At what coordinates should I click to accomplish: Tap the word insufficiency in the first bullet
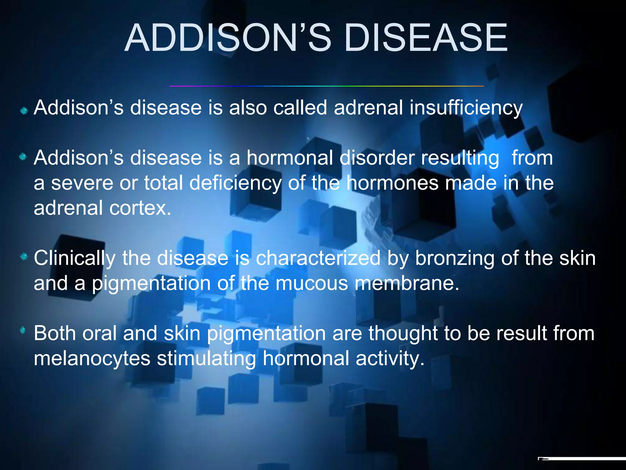[x=466, y=108]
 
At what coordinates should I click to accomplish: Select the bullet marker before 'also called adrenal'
[x=24, y=111]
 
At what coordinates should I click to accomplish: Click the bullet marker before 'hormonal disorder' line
[x=23, y=157]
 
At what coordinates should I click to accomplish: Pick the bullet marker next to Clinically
[x=24, y=257]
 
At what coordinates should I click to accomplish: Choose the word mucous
[x=311, y=283]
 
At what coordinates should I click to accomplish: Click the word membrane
[x=407, y=283]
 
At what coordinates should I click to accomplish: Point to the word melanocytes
[x=92, y=359]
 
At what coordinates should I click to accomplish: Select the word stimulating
[x=206, y=359]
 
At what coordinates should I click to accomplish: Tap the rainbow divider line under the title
[x=326, y=86]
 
